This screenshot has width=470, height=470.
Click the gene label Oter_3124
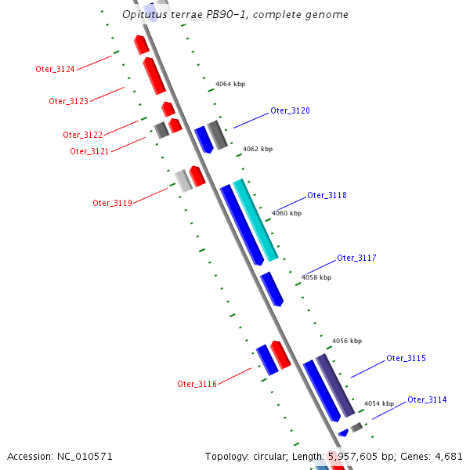[55, 69]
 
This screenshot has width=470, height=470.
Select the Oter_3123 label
[68, 101]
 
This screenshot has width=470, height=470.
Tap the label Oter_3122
[83, 135]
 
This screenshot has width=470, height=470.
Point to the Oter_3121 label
[89, 151]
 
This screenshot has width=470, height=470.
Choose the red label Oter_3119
[112, 203]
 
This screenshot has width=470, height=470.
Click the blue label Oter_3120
[290, 110]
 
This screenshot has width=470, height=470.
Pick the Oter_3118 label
[327, 195]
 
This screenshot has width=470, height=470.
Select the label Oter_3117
[356, 258]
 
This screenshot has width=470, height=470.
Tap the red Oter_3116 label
[197, 384]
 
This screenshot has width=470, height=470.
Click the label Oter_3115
[406, 358]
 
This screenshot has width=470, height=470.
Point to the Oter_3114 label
[427, 399]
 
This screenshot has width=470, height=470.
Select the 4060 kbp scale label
[286, 213]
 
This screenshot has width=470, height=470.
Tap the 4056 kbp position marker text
[347, 341]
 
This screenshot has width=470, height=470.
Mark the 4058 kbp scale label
[316, 277]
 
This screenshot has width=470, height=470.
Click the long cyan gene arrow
[255, 219]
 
